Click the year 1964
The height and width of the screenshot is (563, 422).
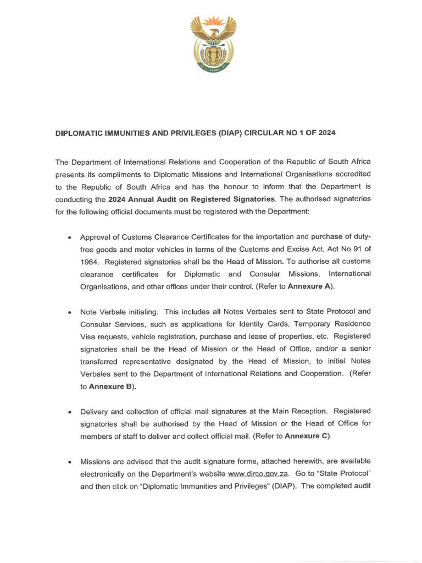click(89, 261)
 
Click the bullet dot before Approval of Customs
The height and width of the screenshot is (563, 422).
click(69, 238)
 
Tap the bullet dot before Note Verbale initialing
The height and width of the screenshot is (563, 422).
click(69, 312)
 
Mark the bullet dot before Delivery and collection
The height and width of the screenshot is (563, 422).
click(69, 412)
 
